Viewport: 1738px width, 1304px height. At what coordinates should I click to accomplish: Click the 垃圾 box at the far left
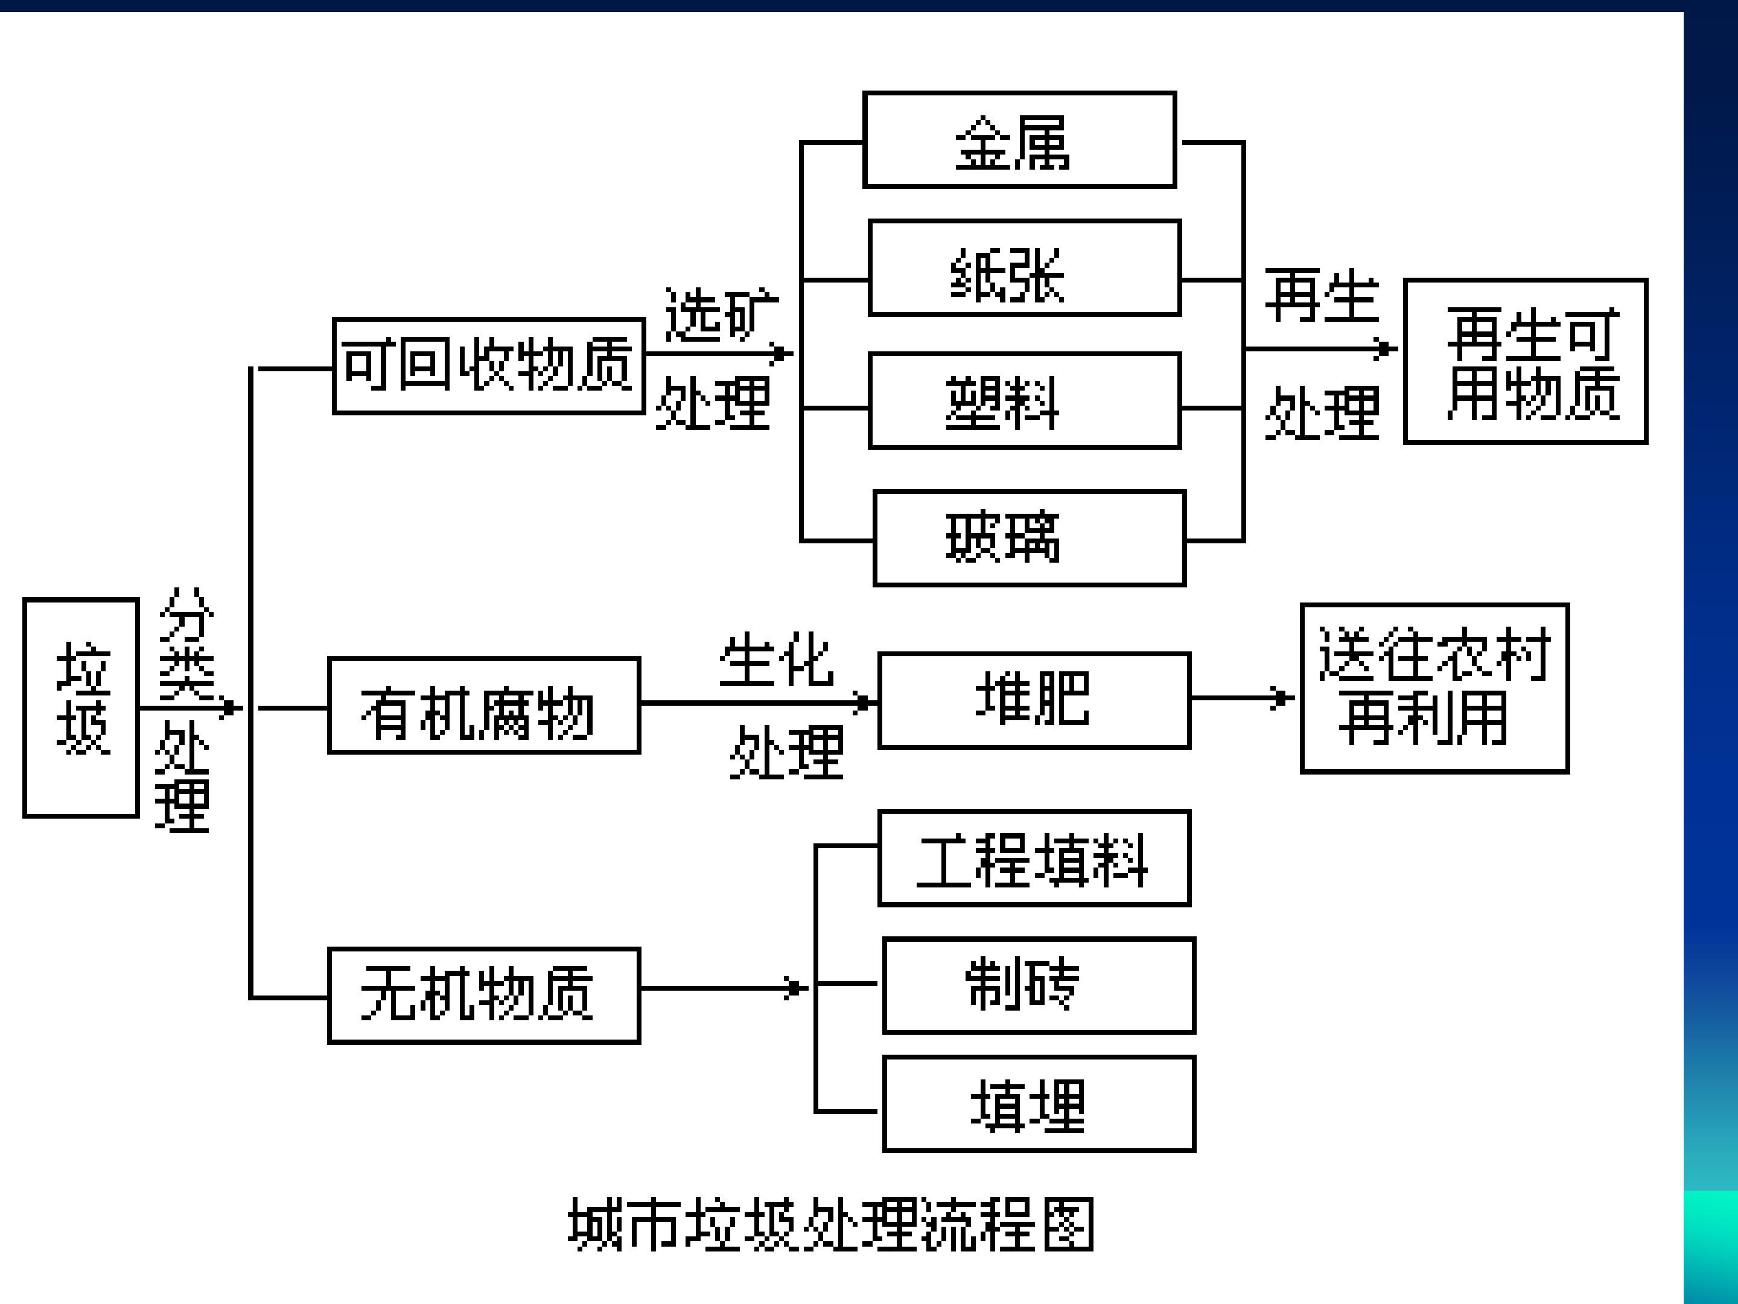click(81, 708)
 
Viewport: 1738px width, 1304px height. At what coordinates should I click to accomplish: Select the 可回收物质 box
click(488, 365)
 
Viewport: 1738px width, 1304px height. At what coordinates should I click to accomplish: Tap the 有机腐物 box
click(483, 706)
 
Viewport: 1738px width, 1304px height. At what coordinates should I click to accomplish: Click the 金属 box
click(1019, 140)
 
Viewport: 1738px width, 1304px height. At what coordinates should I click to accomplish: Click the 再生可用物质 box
click(1525, 362)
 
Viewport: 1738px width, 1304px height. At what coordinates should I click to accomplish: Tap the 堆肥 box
click(1033, 700)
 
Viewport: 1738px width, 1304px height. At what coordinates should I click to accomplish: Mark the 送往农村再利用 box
click(1434, 689)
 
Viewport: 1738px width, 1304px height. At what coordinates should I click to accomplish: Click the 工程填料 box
click(1033, 858)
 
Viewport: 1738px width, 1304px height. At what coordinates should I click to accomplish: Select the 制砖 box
click(1038, 985)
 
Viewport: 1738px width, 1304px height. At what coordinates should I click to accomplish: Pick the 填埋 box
click(1038, 1104)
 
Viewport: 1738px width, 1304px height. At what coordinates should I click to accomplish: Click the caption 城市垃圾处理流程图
click(832, 1224)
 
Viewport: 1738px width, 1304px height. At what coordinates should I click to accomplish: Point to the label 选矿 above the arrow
click(721, 315)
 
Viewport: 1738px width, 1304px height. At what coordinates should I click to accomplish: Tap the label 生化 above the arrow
click(775, 660)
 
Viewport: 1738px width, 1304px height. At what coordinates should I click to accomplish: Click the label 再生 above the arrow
click(1322, 296)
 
